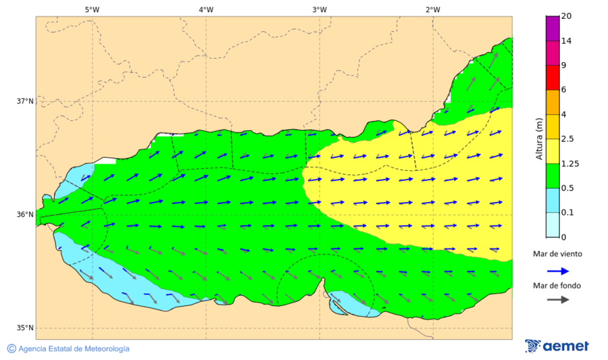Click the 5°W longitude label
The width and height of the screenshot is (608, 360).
[x=93, y=9]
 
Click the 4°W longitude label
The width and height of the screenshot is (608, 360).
[x=206, y=9]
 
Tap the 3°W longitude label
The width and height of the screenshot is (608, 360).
[x=320, y=9]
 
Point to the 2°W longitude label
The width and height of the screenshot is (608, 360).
[x=433, y=9]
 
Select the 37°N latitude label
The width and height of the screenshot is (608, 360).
[x=25, y=101]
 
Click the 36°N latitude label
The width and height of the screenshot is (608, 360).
[x=25, y=215]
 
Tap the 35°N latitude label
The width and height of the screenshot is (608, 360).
[x=25, y=328]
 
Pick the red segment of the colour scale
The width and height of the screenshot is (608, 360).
[x=552, y=77]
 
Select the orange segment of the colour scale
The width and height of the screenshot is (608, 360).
[x=552, y=102]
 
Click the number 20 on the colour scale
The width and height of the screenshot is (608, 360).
[x=566, y=17]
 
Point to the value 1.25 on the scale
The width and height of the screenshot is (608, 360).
[x=571, y=163]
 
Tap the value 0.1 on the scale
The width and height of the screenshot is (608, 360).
[x=568, y=212]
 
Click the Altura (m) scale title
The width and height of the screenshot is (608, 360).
[x=539, y=138]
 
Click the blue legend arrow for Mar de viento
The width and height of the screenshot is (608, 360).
[x=557, y=271]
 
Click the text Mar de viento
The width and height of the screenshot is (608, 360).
[x=557, y=254]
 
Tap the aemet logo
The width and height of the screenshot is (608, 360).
[x=557, y=346]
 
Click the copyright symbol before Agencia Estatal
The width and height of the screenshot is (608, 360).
[x=11, y=349]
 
